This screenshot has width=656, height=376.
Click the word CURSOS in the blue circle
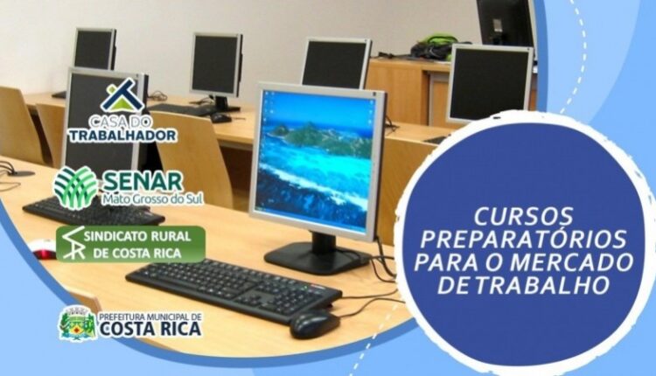click(523, 216)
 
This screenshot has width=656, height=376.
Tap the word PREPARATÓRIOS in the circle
click(524, 240)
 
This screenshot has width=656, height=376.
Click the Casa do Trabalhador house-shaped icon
click(122, 96)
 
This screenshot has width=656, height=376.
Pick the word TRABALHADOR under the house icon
click(122, 135)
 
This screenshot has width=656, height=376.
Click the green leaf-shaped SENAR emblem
click(76, 187)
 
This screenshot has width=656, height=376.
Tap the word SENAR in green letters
click(143, 182)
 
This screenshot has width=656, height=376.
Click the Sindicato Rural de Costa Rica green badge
click(130, 244)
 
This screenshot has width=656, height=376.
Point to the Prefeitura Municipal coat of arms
click(77, 324)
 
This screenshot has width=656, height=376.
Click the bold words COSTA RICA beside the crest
click(150, 328)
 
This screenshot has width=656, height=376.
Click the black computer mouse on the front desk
click(315, 324)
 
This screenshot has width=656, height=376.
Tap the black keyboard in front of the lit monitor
click(234, 289)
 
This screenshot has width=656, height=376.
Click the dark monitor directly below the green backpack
click(490, 84)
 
